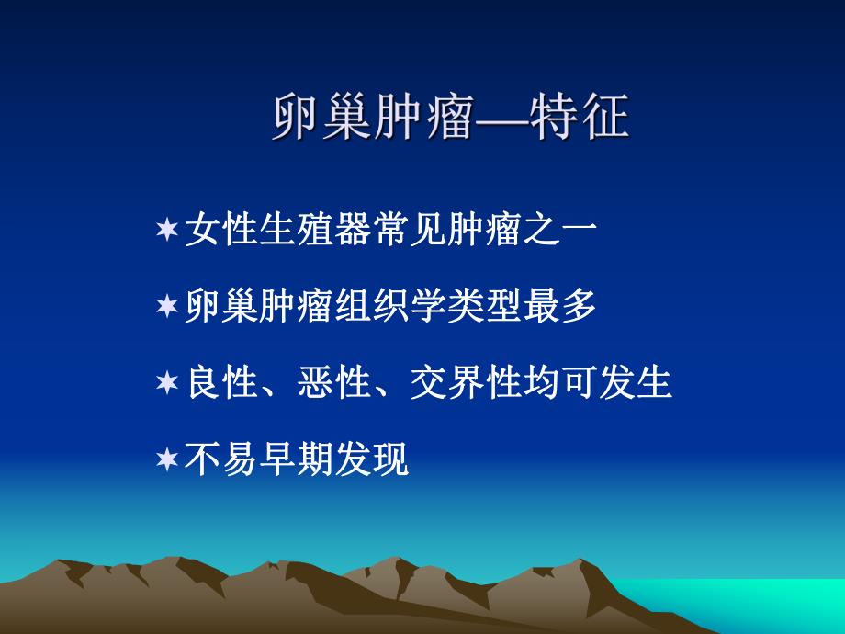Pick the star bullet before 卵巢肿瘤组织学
[x=167, y=306]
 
